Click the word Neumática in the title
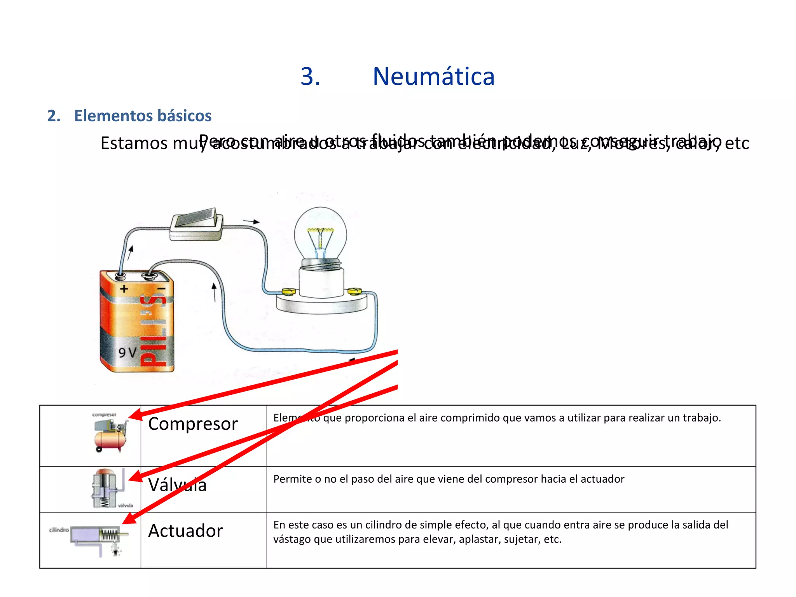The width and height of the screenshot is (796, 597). pyautogui.click(x=433, y=76)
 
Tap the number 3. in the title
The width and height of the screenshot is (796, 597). pyautogui.click(x=310, y=76)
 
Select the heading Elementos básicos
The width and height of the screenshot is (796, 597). pyautogui.click(x=143, y=116)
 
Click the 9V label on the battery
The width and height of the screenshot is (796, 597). pyautogui.click(x=127, y=352)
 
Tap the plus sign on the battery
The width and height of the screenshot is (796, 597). pyautogui.click(x=124, y=289)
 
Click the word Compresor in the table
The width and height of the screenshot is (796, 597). pyautogui.click(x=193, y=424)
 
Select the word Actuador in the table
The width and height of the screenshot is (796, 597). pyautogui.click(x=185, y=531)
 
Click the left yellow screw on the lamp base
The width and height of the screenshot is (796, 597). pyautogui.click(x=288, y=291)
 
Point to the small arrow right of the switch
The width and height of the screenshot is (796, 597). pyautogui.click(x=251, y=222)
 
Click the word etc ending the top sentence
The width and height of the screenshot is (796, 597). pyautogui.click(x=737, y=144)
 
